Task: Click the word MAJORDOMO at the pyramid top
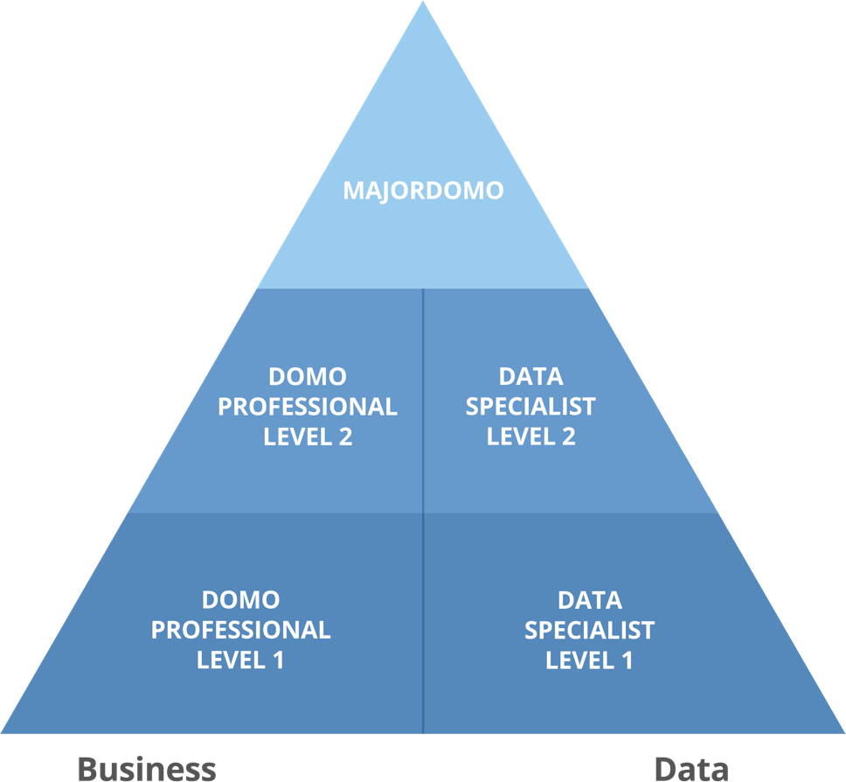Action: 423,191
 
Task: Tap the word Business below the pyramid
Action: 147,768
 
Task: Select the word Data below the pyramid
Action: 690,768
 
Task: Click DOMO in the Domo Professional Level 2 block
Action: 307,377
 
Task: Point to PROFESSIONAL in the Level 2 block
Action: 307,407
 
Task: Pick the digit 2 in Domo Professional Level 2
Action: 344,436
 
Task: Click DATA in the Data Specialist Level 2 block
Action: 530,377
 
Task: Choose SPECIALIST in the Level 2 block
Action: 530,407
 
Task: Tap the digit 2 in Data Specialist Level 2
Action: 568,436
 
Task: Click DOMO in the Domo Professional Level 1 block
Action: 240,600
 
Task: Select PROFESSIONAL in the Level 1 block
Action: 240,630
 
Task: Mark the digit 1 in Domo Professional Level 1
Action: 277,660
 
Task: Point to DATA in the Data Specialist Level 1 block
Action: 590,600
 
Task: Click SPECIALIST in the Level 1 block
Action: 590,630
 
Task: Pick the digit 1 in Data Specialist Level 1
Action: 626,660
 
